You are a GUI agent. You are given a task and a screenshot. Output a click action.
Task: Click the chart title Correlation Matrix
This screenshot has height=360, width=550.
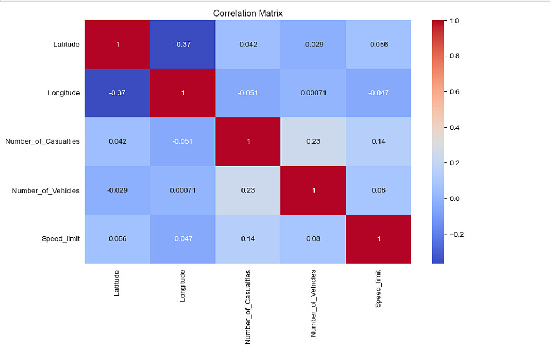(248, 13)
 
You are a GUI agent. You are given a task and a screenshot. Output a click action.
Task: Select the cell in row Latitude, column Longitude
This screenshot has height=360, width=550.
(183, 45)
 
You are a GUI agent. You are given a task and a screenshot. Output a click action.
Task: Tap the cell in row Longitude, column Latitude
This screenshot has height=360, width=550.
(117, 93)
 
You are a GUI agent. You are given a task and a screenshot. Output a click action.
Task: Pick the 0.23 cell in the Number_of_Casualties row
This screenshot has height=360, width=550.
(313, 141)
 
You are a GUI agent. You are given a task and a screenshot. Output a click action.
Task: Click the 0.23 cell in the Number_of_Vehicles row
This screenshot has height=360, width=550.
(248, 190)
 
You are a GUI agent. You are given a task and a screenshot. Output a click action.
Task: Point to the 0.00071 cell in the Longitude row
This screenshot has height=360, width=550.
(313, 93)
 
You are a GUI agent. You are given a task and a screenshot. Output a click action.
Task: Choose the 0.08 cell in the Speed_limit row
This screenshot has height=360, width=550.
(313, 239)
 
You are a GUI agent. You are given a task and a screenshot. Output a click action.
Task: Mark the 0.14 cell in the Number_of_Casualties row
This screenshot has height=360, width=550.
(379, 141)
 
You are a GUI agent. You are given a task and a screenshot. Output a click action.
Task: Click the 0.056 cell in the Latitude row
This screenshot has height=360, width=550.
(379, 45)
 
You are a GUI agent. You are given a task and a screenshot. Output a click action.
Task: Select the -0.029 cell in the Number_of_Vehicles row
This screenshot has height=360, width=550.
(117, 190)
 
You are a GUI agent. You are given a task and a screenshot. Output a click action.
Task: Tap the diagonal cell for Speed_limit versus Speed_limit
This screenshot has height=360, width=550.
(379, 239)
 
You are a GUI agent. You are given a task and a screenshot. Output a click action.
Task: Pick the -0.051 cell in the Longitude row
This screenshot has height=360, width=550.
(248, 93)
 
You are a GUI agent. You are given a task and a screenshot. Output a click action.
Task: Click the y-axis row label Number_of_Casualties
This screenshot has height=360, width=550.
(42, 141)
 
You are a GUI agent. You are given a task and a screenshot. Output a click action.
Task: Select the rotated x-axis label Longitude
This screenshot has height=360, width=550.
(183, 286)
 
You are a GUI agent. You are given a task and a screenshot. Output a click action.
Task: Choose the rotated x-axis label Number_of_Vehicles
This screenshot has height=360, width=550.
(313, 303)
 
